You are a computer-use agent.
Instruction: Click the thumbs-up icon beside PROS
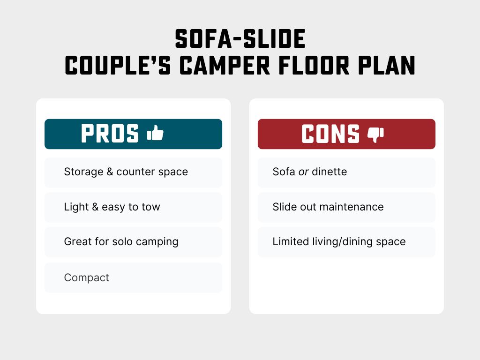155,134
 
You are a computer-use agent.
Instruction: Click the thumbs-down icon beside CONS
375,134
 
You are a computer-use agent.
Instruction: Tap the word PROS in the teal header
110,134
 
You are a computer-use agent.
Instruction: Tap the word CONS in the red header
330,134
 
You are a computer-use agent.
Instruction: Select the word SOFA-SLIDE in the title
240,39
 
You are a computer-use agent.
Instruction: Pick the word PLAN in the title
388,65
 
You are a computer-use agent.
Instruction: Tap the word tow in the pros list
151,207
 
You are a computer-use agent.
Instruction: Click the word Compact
86,277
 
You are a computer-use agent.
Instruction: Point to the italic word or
304,172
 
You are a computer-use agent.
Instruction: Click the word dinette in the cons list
330,172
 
